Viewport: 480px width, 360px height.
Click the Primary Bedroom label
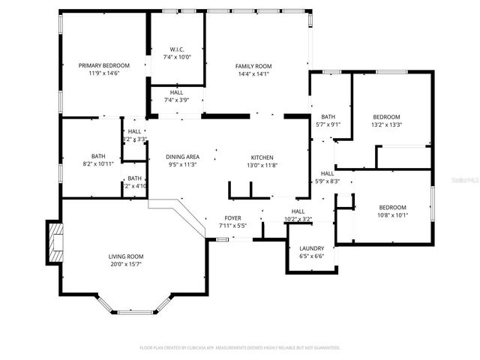pos(104,65)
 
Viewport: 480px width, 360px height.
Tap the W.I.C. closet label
pos(176,49)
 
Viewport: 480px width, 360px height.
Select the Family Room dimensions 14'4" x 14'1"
pos(253,73)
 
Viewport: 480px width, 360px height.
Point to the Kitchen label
pos(262,157)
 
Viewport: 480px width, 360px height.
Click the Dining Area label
pos(183,157)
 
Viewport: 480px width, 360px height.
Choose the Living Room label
pos(125,256)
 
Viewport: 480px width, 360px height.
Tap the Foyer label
pos(232,217)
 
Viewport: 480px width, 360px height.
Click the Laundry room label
pos(311,248)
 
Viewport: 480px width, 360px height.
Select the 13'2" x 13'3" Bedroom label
pos(387,117)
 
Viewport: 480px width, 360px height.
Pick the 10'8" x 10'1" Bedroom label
pos(392,207)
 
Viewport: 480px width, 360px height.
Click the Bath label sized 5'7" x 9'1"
pos(328,117)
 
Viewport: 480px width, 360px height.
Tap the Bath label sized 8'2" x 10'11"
pos(98,156)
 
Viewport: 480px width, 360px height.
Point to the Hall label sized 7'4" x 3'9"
pos(176,92)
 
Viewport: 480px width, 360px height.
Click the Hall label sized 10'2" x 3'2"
pos(298,211)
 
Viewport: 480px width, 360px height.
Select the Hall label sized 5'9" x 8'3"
pos(327,173)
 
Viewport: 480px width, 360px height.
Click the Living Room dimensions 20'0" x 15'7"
pos(125,264)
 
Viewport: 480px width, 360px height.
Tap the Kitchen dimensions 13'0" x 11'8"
pos(262,165)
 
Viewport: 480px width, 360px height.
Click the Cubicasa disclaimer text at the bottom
pos(240,348)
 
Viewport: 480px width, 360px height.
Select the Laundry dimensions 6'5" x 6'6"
pos(311,256)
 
